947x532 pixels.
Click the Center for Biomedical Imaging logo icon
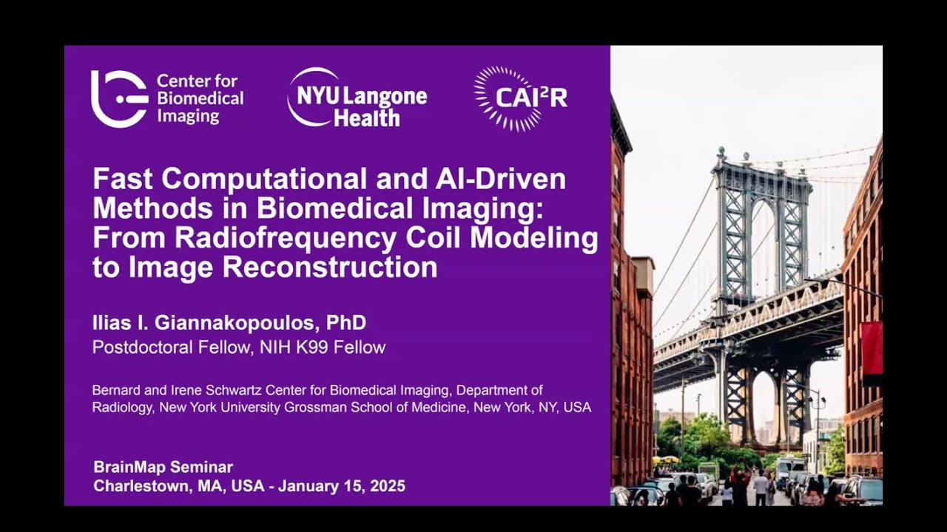(119, 99)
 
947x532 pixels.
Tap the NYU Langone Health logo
(357, 98)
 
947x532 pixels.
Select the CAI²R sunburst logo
(520, 98)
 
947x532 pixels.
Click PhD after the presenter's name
(346, 323)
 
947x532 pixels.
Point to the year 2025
(386, 486)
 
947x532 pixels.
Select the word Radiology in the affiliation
(123, 407)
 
